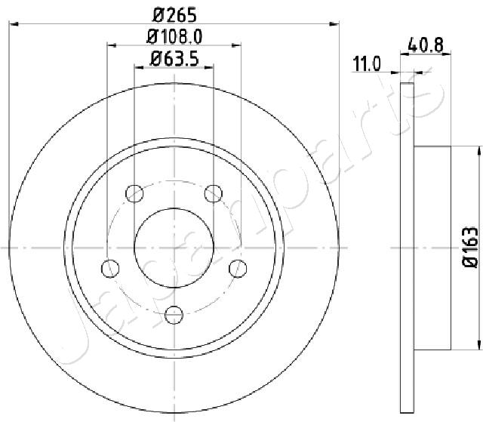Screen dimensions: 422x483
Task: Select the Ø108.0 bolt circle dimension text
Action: tap(174, 35)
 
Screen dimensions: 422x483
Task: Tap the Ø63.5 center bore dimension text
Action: tap(174, 57)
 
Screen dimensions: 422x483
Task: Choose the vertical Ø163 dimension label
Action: tap(470, 247)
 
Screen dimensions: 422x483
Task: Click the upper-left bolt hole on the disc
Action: tap(135, 193)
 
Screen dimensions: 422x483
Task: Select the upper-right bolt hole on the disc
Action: tap(214, 193)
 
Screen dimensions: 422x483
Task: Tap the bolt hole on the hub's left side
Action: tap(110, 268)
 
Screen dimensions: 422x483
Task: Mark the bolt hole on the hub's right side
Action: tap(238, 268)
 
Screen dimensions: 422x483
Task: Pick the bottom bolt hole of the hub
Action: tap(174, 314)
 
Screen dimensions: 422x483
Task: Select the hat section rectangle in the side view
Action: tap(433, 247)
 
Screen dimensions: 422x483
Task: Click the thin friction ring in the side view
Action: tap(408, 247)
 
